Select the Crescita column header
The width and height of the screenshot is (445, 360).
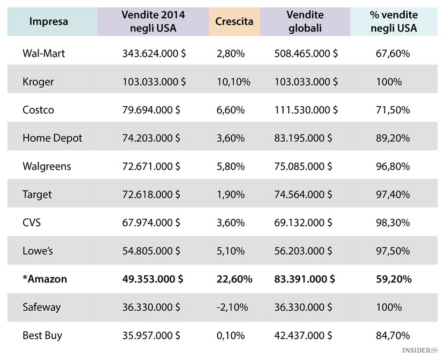(x=234, y=22)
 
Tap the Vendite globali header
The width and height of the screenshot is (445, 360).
(x=304, y=21)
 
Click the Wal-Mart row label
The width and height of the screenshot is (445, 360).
(x=44, y=53)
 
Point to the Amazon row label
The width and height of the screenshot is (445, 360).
(x=44, y=279)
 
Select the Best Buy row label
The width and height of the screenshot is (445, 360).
(x=42, y=335)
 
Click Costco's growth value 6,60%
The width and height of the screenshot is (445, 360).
(x=231, y=110)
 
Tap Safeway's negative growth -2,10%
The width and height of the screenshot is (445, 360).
(x=232, y=307)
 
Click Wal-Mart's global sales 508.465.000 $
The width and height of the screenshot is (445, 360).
(x=306, y=53)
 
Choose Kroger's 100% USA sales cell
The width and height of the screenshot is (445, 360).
(x=389, y=82)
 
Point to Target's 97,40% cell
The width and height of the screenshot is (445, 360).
(x=393, y=195)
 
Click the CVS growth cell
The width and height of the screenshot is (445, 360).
(x=231, y=222)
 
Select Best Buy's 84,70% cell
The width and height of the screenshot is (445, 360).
(x=393, y=335)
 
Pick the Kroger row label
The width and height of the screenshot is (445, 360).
(x=38, y=82)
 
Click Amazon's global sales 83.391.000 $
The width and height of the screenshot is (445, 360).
(x=304, y=279)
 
